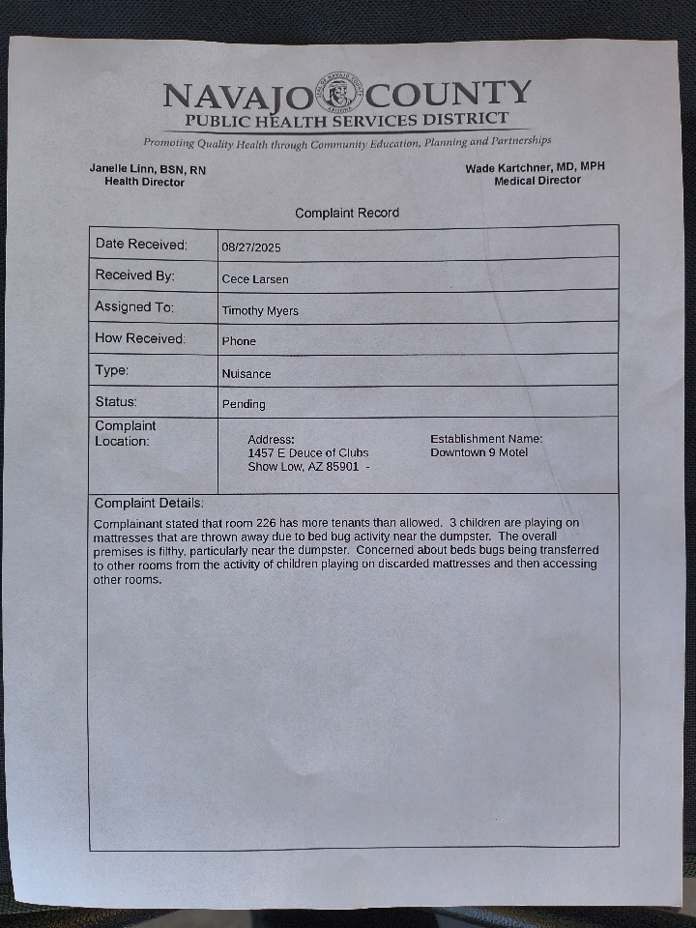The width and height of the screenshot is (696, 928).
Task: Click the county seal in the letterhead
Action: tap(341, 95)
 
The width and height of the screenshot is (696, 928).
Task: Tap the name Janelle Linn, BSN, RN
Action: tap(148, 169)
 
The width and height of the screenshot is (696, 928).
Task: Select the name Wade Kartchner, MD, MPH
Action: tap(535, 167)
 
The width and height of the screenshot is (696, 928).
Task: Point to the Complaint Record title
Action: tap(347, 213)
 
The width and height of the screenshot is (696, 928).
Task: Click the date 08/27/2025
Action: tap(251, 247)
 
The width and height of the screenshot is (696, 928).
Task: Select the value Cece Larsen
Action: tap(255, 279)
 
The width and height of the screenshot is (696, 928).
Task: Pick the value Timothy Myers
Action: tap(260, 311)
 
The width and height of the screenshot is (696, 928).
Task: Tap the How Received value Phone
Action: tap(239, 341)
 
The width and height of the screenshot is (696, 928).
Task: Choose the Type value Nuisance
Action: tap(246, 373)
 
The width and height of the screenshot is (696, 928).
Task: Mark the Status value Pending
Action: tap(244, 404)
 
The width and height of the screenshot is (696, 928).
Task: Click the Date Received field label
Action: tap(141, 245)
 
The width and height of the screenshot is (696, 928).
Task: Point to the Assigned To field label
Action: tap(134, 307)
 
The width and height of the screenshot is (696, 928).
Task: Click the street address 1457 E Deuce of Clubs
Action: tap(308, 452)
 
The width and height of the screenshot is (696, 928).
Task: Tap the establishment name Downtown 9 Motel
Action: tap(479, 452)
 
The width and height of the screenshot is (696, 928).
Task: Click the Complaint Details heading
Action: tap(149, 504)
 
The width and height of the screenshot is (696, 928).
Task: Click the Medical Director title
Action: tap(537, 180)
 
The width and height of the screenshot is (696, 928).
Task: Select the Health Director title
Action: tap(144, 182)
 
